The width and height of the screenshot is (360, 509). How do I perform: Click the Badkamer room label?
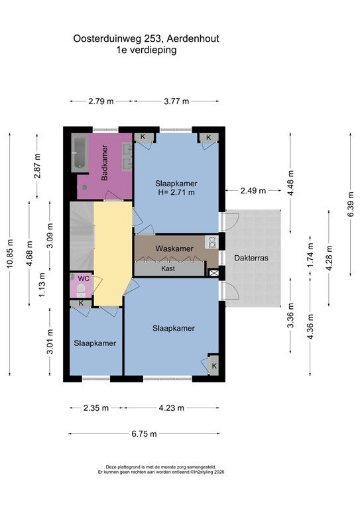105,162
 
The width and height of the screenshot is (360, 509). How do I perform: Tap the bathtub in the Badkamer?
80,153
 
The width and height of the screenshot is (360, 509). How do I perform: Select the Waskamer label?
174,249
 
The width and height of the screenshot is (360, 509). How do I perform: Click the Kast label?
168,268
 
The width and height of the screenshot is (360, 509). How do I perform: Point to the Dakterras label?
251,258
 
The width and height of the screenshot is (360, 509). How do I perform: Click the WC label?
84,279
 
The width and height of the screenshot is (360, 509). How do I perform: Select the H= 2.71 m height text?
176,192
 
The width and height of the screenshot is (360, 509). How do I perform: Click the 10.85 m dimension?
10,254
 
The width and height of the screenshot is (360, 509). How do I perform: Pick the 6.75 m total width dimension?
144,433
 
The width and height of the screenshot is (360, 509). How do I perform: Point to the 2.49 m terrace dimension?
253,191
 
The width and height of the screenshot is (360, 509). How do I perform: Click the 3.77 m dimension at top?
176,101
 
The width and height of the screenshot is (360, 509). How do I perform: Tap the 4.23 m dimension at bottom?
172,408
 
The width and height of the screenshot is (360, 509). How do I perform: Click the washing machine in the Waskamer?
211,243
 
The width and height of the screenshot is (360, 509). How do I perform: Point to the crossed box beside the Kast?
214,273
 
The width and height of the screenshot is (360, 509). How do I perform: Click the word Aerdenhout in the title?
193,38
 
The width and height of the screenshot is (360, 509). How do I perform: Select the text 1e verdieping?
147,50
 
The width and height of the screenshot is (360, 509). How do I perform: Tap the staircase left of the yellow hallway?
82,236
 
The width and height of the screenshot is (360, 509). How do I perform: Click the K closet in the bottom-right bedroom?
213,366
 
